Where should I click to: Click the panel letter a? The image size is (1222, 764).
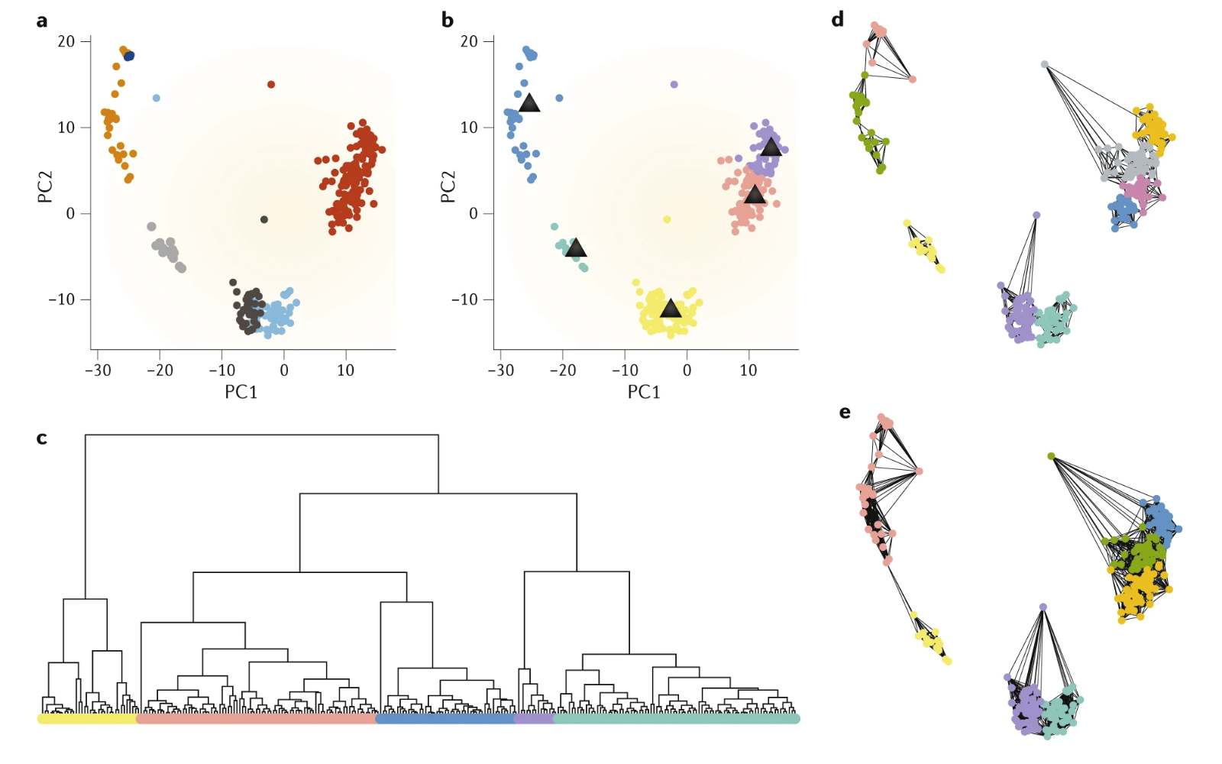(x=42, y=21)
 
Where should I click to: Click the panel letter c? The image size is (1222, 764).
(x=42, y=438)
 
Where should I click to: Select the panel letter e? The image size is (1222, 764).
(x=845, y=412)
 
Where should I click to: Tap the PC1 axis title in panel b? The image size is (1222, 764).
(x=644, y=392)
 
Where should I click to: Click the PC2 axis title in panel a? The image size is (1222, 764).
(x=45, y=186)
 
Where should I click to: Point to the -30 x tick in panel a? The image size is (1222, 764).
(x=98, y=371)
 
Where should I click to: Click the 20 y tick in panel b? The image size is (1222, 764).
(x=469, y=41)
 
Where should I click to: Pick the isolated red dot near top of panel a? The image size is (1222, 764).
(x=271, y=85)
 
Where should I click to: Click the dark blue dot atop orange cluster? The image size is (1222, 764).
(x=129, y=56)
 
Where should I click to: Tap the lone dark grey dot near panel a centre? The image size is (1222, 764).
(x=264, y=219)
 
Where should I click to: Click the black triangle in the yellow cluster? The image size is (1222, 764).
(x=671, y=309)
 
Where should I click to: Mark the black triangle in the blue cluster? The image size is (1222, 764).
(x=529, y=103)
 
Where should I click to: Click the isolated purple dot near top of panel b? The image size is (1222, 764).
(x=674, y=85)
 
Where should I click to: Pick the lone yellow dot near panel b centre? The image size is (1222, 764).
(x=667, y=219)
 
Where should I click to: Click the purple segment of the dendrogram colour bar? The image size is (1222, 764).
(x=533, y=719)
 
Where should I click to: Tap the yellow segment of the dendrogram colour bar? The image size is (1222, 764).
(x=86, y=719)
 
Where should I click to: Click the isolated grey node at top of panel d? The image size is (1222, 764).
(x=1044, y=64)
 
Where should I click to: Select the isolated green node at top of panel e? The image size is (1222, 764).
(x=1051, y=456)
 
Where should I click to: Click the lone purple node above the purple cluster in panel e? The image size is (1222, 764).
(x=1043, y=607)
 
